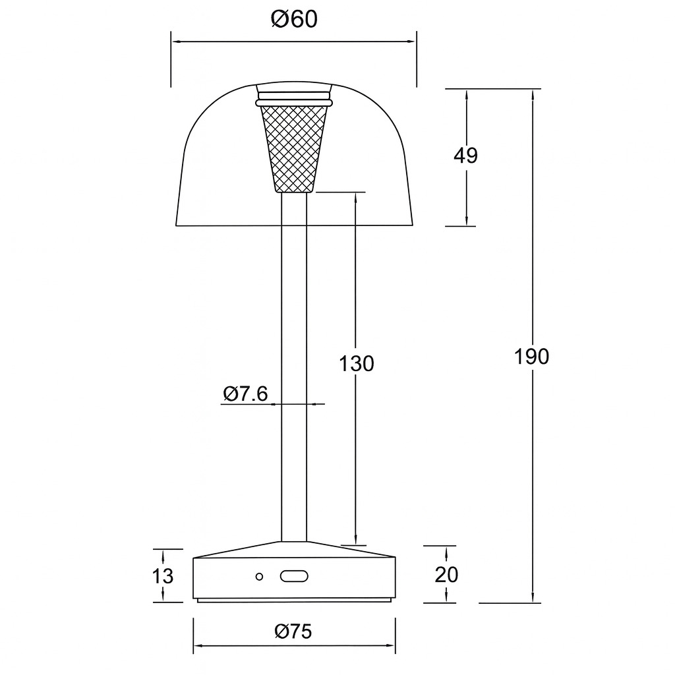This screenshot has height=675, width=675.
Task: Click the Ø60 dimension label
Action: (294, 19)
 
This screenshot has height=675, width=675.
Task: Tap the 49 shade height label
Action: (465, 156)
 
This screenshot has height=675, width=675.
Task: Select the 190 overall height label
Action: (532, 357)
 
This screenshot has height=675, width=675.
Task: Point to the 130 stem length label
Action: (357, 363)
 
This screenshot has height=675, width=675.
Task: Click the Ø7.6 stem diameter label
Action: (245, 394)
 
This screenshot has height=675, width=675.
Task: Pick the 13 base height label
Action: (163, 575)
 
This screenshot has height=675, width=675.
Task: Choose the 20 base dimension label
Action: (446, 574)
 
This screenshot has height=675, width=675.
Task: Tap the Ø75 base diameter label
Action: (293, 631)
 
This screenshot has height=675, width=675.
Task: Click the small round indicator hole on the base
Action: (259, 576)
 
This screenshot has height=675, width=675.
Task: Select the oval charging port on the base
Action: (294, 576)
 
